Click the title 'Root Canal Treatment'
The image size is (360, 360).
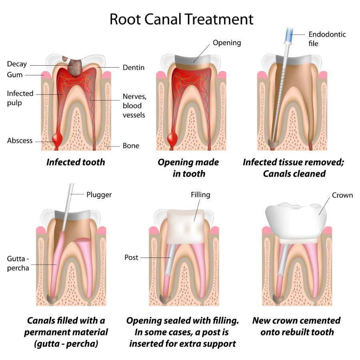181,19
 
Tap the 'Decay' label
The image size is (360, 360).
17,64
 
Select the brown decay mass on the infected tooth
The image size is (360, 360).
74,66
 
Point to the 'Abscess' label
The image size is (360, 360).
20,141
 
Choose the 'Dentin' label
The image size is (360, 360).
133,68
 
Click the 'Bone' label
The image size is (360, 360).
131,146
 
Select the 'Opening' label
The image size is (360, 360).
226,42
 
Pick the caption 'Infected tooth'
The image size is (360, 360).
76,162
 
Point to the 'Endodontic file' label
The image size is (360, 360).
327,39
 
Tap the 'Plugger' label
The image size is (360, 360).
99,195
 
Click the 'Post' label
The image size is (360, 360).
131,258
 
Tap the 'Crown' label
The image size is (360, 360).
342,195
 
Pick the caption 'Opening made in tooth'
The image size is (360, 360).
188,168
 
